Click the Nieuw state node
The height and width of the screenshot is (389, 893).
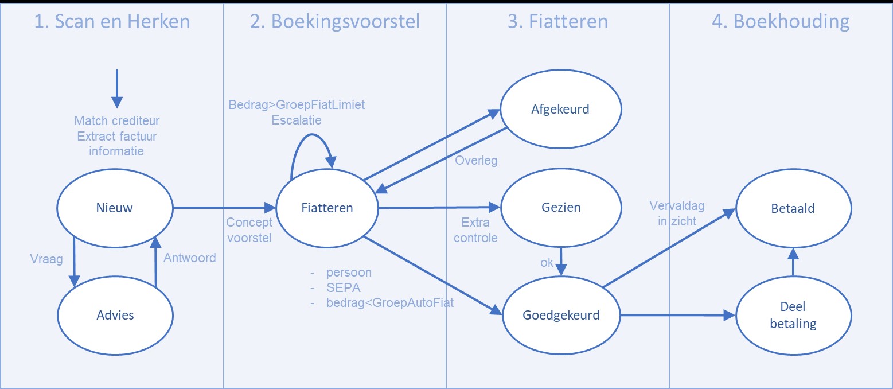115,208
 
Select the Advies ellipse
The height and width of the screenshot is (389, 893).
115,314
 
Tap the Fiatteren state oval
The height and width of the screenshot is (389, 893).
327,208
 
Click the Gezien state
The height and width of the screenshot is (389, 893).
560,208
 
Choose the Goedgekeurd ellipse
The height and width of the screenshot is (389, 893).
561,315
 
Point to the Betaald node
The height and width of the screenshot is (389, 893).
793,209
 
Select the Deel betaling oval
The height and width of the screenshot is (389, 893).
793,316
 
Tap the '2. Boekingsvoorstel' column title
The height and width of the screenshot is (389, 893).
335,21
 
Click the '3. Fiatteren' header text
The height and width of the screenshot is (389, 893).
557,21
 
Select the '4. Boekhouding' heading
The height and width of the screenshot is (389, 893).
781,21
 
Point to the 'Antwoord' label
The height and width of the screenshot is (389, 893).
190,258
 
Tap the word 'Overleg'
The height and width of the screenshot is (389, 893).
476,161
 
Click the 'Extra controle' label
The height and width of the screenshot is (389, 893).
475,229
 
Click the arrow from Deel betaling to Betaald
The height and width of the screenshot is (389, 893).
793,263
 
